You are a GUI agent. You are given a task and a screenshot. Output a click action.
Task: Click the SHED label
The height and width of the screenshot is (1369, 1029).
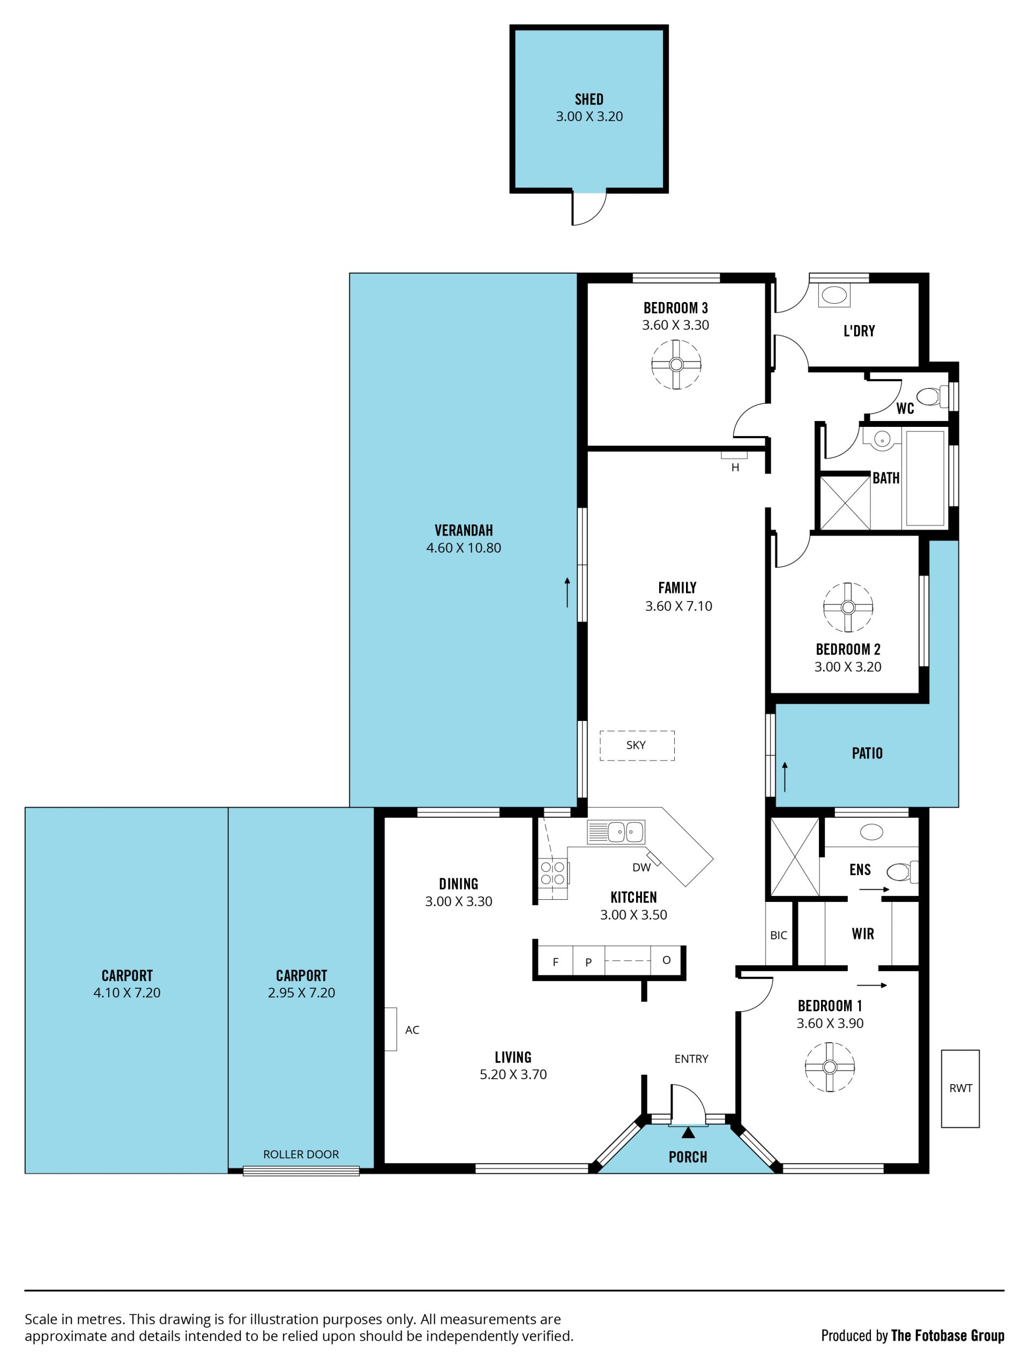pos(589,99)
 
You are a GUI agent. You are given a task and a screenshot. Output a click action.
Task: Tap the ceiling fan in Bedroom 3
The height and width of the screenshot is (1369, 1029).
pos(676,365)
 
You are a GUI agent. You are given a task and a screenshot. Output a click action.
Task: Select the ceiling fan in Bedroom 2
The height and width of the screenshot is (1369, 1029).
pos(848,607)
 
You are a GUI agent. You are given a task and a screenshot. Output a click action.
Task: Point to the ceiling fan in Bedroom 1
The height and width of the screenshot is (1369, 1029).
pos(830,1067)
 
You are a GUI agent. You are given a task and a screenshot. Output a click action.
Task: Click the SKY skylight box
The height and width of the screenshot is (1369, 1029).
pos(637,745)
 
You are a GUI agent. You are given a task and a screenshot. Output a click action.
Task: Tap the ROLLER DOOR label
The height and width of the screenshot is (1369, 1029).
pos(301,1154)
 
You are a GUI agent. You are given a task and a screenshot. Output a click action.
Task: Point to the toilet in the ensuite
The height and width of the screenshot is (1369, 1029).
pos(902,872)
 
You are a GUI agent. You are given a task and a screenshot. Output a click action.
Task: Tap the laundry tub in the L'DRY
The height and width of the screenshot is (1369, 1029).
pos(834,294)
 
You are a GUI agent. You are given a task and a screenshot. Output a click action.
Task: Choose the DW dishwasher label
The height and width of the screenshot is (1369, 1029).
pos(642,867)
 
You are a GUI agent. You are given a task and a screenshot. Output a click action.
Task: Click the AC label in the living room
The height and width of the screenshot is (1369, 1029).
pos(412,1030)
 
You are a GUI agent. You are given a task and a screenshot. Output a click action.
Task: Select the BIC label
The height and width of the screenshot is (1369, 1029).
pos(778,935)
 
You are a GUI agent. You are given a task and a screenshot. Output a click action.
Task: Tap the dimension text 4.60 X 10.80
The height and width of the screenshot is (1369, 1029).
pos(463,548)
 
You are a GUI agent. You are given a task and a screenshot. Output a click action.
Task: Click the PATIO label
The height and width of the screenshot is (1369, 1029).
pos(867,753)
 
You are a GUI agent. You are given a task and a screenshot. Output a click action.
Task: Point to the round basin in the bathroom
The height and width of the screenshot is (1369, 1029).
pos(882,439)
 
